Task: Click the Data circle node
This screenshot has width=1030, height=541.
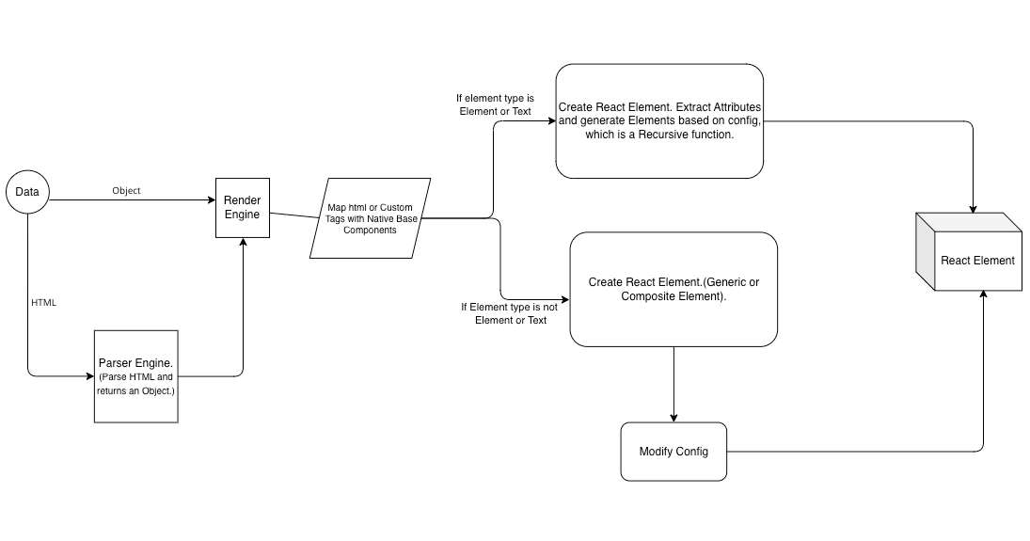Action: pyautogui.click(x=27, y=192)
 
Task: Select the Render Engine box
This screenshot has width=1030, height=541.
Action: pyautogui.click(x=243, y=207)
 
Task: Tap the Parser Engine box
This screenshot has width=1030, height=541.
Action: pyautogui.click(x=135, y=375)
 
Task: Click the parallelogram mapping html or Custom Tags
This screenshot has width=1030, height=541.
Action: pyautogui.click(x=370, y=217)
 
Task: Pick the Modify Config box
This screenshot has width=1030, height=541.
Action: pyautogui.click(x=673, y=452)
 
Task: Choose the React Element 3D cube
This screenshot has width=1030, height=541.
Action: pyautogui.click(x=970, y=253)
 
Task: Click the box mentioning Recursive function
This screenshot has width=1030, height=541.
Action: pyautogui.click(x=658, y=121)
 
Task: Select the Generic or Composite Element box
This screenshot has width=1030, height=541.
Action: pyautogui.click(x=673, y=289)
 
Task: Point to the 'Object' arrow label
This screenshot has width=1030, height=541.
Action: pyautogui.click(x=126, y=191)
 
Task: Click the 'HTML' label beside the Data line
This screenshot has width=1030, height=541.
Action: pyautogui.click(x=44, y=303)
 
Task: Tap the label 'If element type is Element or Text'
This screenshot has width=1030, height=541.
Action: pyautogui.click(x=495, y=104)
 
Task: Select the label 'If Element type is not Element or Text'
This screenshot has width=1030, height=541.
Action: pyautogui.click(x=510, y=313)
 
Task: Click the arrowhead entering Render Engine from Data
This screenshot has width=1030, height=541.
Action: pyautogui.click(x=211, y=199)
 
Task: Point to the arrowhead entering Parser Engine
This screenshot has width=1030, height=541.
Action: pyautogui.click(x=88, y=376)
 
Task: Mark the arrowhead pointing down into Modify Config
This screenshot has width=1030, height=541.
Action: pyautogui.click(x=673, y=417)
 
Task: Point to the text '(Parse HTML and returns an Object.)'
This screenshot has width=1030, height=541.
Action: pyautogui.click(x=135, y=384)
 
